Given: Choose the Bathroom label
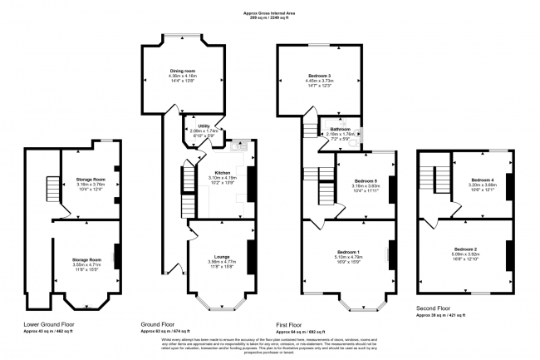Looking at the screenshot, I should [341, 129].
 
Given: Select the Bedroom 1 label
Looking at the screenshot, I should [348, 252].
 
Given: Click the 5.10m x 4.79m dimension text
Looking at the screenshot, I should [348, 257].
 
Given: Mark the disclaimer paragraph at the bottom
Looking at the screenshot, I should [269, 343].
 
